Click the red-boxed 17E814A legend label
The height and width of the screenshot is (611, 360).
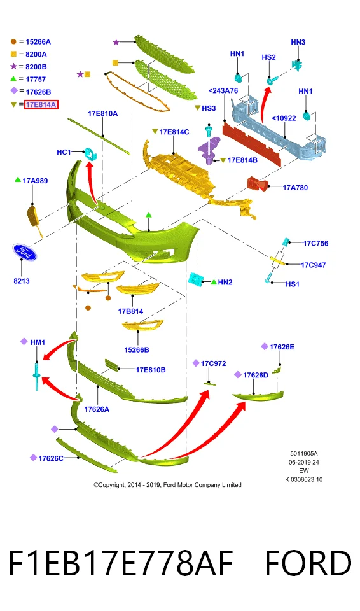pos(41,104)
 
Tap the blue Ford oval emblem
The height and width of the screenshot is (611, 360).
pos(24,253)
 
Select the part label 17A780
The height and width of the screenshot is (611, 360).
pos(295,188)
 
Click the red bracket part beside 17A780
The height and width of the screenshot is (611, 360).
pos(258,184)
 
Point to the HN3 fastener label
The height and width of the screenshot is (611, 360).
pos(298,42)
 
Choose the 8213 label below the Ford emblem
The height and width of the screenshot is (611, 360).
pos(22,281)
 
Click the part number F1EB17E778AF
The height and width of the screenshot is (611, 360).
pos(120,563)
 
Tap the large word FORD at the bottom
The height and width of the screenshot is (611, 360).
pos(308,563)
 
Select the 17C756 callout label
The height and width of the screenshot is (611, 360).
pos(315,244)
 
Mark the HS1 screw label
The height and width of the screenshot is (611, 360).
pos(292,284)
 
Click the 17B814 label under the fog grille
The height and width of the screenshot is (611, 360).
pos(130,311)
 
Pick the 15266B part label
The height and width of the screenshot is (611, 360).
pos(136,350)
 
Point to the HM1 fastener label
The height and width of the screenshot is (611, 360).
pos(38,342)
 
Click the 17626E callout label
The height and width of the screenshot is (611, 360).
pos(282,347)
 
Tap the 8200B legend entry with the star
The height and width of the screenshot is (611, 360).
pos(29,67)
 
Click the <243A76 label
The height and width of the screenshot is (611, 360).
pos(223,91)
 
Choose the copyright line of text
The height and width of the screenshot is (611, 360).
pos(167,485)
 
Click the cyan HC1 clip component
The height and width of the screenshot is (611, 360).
pos(90,154)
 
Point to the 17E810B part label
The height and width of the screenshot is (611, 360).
pos(150,370)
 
